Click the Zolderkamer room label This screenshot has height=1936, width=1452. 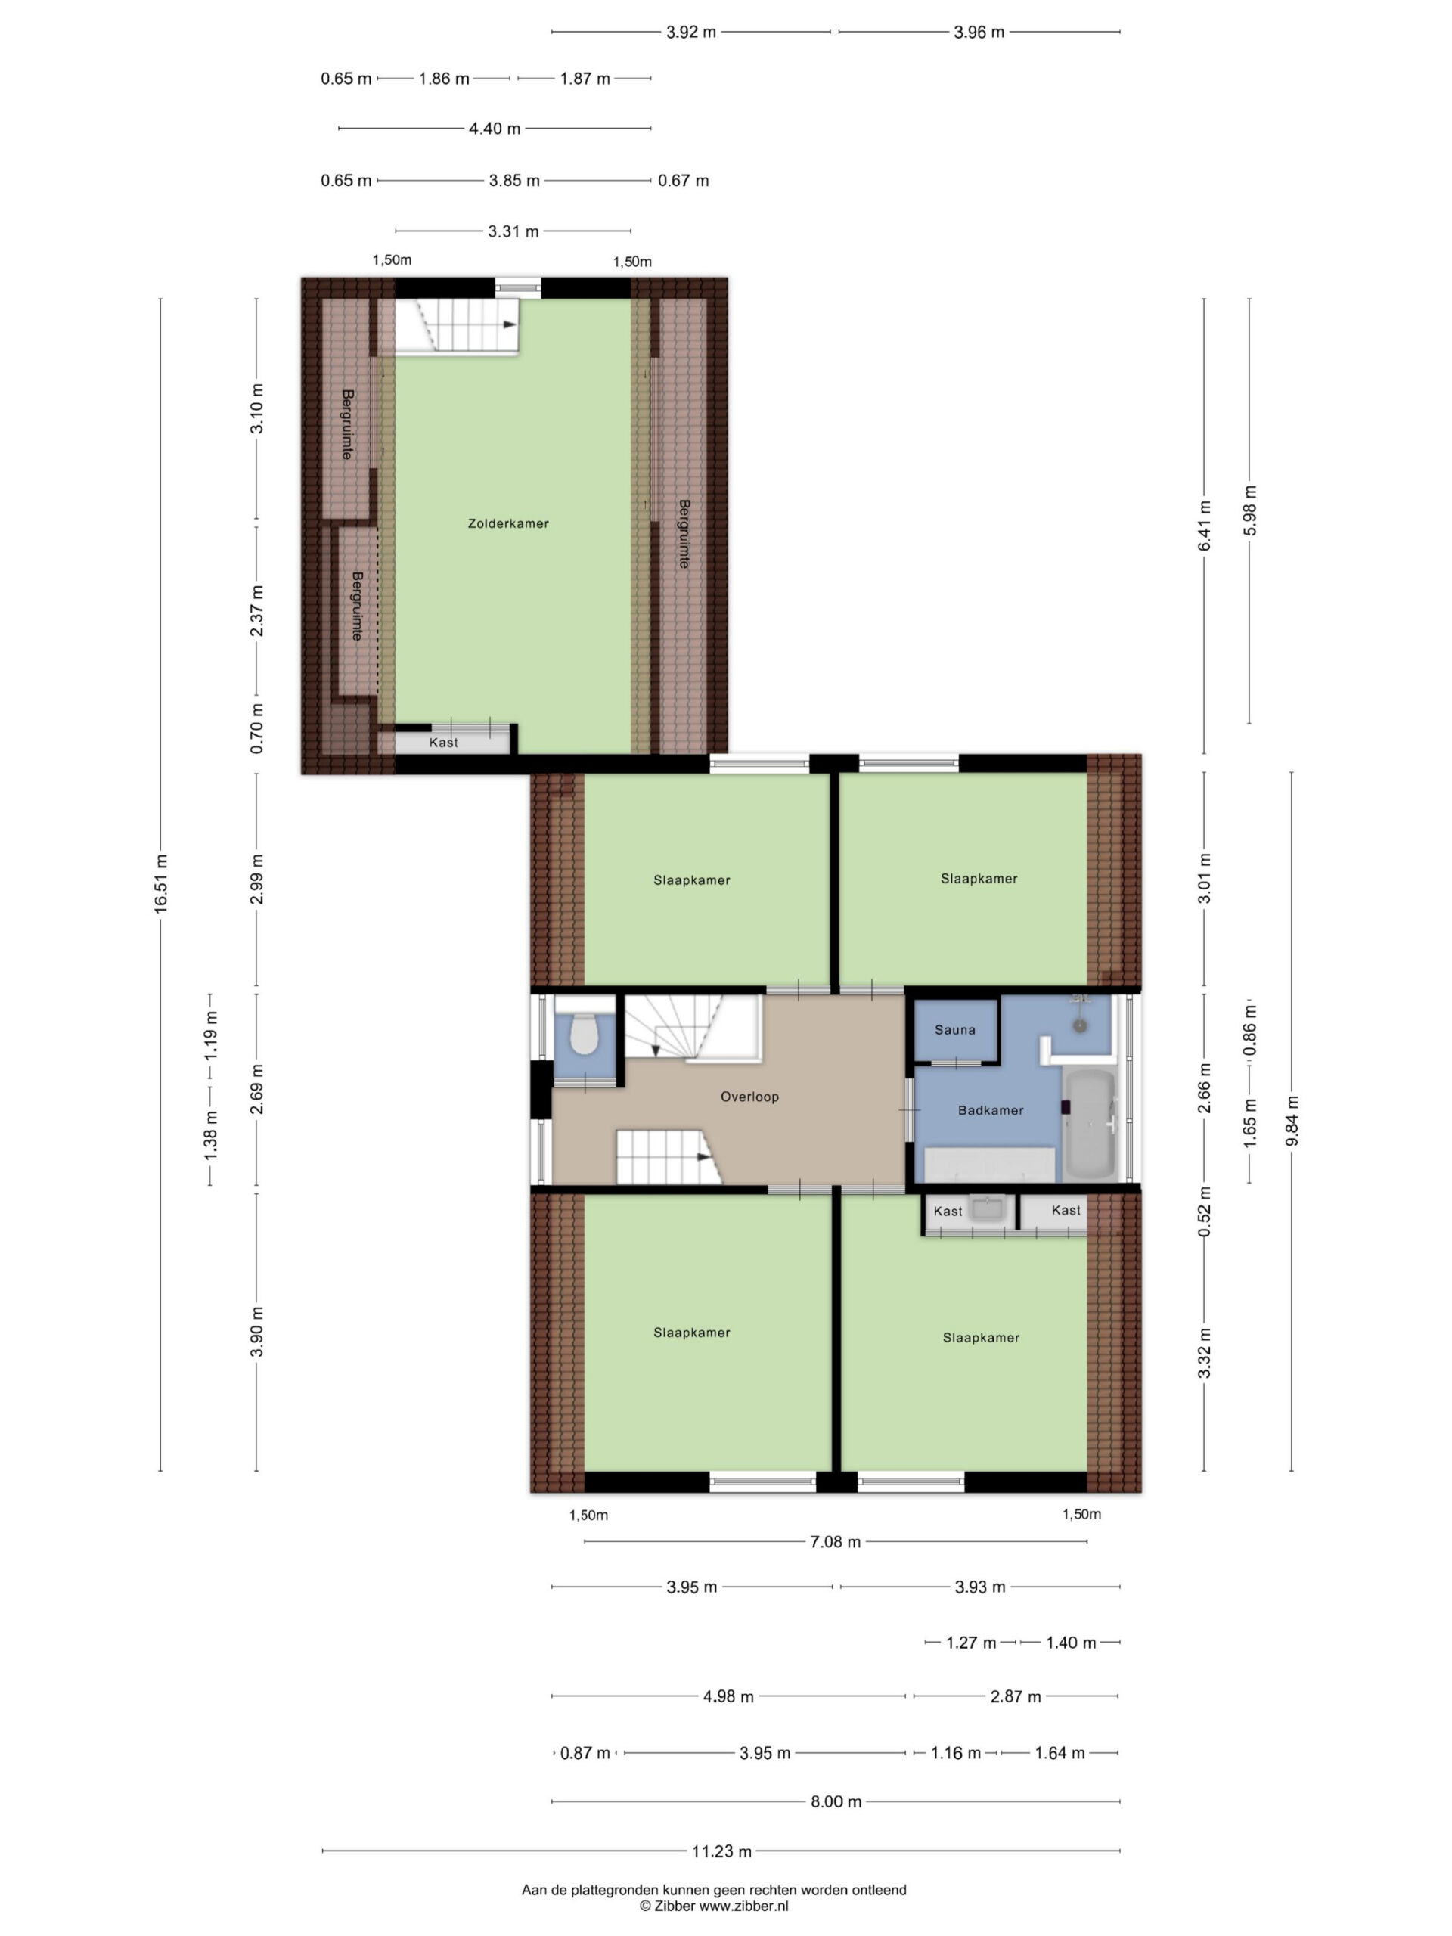pyautogui.click(x=507, y=523)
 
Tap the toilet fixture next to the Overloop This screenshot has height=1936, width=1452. pyautogui.click(x=584, y=1034)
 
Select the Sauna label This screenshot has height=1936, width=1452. pyautogui.click(x=955, y=1030)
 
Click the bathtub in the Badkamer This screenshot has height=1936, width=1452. pyautogui.click(x=1090, y=1124)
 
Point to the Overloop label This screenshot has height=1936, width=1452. pyautogui.click(x=749, y=1097)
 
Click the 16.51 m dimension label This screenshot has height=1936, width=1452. pyautogui.click(x=161, y=884)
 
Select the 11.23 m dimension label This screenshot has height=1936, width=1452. pyautogui.click(x=722, y=1851)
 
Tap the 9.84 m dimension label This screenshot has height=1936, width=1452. pyautogui.click(x=1292, y=1120)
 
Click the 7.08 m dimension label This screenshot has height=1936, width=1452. pyautogui.click(x=835, y=1542)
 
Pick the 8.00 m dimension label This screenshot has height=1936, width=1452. pyautogui.click(x=836, y=1801)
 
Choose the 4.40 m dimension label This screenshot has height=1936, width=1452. pyautogui.click(x=495, y=129)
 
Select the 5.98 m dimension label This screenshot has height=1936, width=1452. pyautogui.click(x=1250, y=511)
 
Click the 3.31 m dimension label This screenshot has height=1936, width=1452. pyautogui.click(x=513, y=232)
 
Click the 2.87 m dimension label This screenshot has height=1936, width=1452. pyautogui.click(x=1015, y=1697)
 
